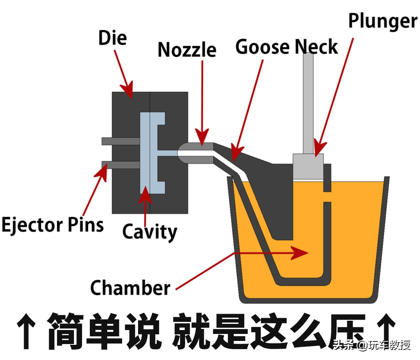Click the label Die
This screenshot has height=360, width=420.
tap(112, 38)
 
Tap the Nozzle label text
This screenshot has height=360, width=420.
tap(187, 50)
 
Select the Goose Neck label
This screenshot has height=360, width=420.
tap(287, 47)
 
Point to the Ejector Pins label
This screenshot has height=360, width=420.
tap(52, 225)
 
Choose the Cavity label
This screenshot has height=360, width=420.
tap(149, 232)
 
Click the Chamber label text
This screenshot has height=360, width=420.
tap(130, 288)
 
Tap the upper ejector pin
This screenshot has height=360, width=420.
tap(121, 141)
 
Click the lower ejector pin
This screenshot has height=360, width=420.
tap(121, 165)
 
